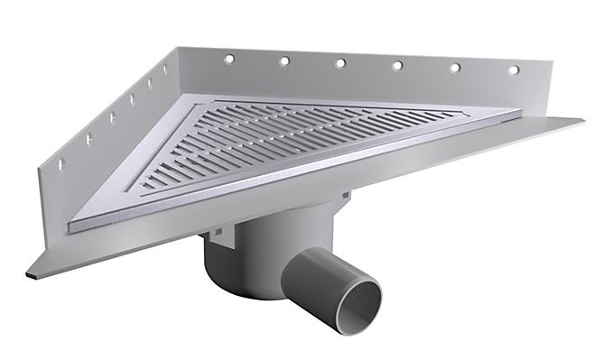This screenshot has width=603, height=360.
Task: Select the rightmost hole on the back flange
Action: point(513,69)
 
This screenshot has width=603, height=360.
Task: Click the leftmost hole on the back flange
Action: point(229,59)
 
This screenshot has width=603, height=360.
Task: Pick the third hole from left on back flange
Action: point(340,63)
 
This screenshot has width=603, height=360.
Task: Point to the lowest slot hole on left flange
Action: point(60,166)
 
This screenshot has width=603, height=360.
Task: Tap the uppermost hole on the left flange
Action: point(166,69)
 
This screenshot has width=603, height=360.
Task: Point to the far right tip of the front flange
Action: point(581,119)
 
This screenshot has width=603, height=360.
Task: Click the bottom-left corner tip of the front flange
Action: point(29,274)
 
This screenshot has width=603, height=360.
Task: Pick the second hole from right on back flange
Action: point(455,67)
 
